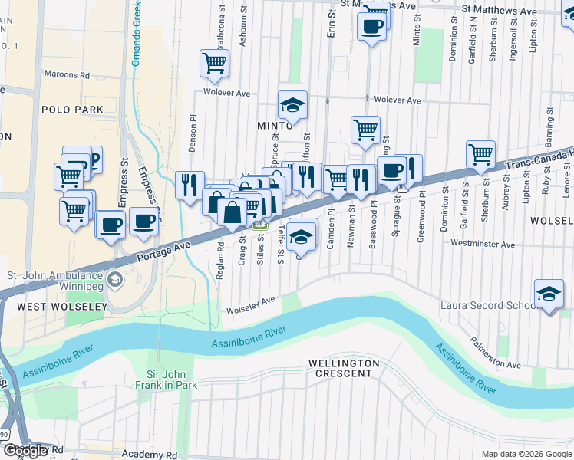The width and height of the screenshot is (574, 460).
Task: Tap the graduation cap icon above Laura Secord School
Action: pyautogui.click(x=549, y=294)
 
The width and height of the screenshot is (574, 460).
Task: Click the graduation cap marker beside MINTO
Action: pyautogui.click(x=292, y=105)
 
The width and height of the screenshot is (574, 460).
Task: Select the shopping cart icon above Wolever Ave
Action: pyautogui.click(x=215, y=64)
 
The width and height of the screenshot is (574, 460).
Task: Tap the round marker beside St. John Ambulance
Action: pyautogui.click(x=115, y=277)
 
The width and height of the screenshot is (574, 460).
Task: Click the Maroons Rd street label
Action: pyautogui.click(x=67, y=75)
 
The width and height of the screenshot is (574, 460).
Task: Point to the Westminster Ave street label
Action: pyautogui.click(x=483, y=245)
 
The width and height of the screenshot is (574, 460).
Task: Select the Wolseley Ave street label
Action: pyautogui.click(x=250, y=304)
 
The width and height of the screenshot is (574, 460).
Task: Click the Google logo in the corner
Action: pyautogui.click(x=25, y=451)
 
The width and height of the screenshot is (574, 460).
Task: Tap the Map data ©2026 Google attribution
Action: pyautogui.click(x=526, y=454)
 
